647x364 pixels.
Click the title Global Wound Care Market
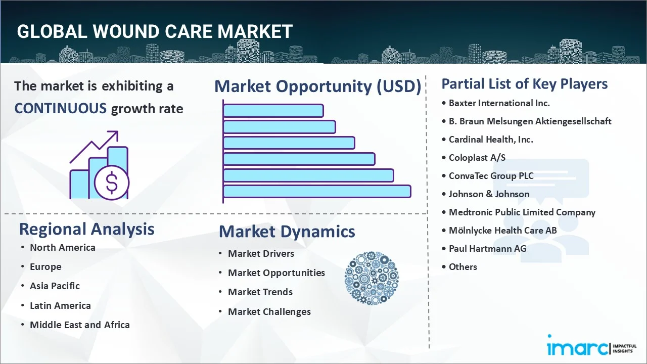tap(154, 31)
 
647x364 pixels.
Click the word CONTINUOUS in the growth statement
tap(60, 108)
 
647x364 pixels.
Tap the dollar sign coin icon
tap(112, 183)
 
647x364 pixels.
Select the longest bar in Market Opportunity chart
tap(317, 191)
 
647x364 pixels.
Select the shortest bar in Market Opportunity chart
tap(273, 110)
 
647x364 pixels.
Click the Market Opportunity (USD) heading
tap(317, 86)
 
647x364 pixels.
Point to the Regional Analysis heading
tap(86, 229)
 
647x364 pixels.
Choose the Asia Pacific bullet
tap(55, 286)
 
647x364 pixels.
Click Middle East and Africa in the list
tap(79, 325)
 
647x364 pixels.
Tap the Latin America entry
tap(60, 306)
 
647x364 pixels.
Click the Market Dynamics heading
tap(287, 232)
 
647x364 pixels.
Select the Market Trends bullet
tap(260, 292)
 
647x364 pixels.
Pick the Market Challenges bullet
tap(269, 312)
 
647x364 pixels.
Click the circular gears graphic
tap(372, 279)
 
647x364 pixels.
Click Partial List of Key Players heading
tap(524, 83)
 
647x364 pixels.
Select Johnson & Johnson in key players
tap(489, 194)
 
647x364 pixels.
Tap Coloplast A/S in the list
tap(477, 158)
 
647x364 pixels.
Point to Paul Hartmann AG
tap(487, 249)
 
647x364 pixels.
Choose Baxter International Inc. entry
tap(499, 103)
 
